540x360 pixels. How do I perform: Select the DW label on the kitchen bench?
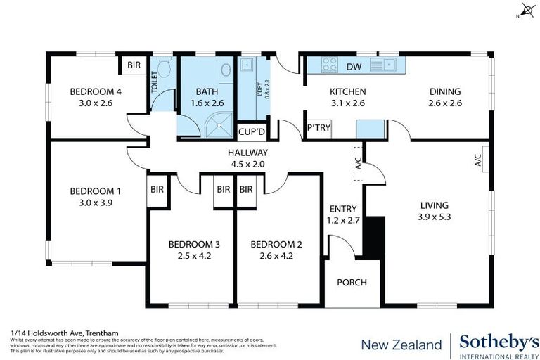354,67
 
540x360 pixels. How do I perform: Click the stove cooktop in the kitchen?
329,65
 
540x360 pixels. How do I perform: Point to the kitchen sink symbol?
385,65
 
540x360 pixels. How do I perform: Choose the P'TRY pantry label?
319,128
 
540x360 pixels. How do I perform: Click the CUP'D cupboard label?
251,131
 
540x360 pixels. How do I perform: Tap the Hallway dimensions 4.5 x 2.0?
247,164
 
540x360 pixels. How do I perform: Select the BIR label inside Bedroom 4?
133,65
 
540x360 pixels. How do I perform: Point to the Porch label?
352,283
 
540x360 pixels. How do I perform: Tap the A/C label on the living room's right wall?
477,160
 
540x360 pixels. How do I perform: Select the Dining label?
445,91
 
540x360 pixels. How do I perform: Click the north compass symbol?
526,11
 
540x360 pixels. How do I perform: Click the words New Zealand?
401,345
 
